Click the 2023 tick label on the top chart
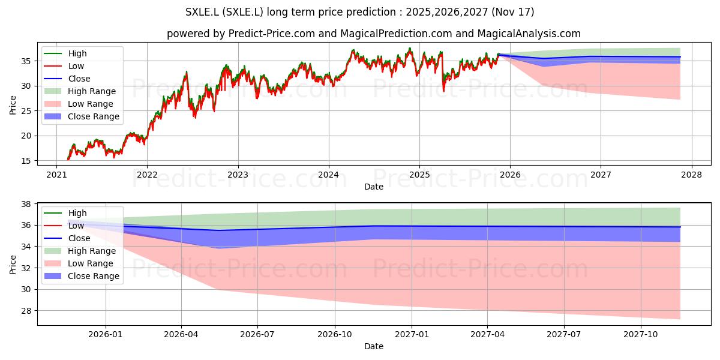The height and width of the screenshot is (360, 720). [238, 175]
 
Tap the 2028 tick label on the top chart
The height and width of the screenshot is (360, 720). [692, 175]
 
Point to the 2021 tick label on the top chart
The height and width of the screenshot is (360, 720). [56, 175]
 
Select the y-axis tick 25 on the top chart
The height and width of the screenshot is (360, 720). [26, 111]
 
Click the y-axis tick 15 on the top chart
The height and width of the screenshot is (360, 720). [26, 161]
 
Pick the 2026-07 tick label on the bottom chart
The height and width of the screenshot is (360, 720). [257, 335]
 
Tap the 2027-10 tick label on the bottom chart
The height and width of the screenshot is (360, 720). [641, 335]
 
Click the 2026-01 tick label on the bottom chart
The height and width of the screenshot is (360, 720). [106, 335]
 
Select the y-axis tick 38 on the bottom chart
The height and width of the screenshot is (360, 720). [26, 204]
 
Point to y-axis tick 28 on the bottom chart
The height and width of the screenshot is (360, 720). [26, 311]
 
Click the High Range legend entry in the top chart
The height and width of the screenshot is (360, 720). [80, 91]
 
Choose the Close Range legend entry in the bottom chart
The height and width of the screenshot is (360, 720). [82, 276]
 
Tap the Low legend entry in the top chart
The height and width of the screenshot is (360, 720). [64, 66]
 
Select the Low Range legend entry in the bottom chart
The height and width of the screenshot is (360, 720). [79, 263]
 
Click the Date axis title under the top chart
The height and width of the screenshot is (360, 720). [373, 187]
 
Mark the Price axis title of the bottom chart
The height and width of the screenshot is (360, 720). [13, 265]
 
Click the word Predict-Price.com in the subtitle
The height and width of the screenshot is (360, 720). [272, 34]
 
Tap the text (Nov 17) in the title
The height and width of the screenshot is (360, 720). [512, 12]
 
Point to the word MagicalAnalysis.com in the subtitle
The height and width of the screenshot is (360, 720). [529, 34]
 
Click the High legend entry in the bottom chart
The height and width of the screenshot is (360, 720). [65, 213]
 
